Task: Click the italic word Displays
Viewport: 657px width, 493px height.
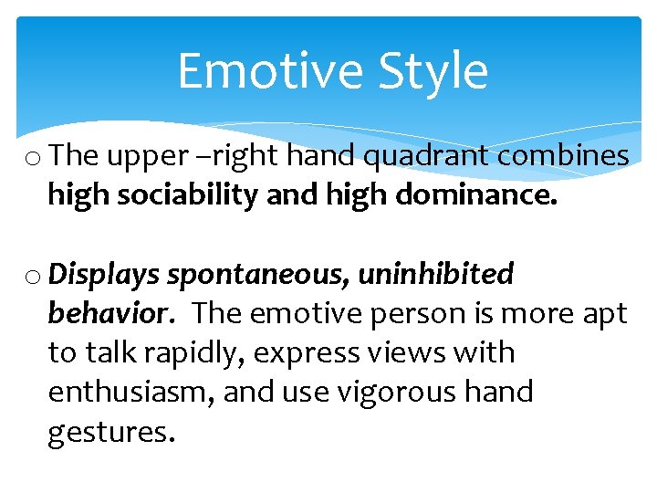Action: pyautogui.click(x=103, y=273)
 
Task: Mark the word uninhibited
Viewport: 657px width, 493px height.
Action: pyautogui.click(x=435, y=273)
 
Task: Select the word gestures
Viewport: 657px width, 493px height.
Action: pyautogui.click(x=110, y=431)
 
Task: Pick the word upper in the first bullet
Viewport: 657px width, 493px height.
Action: pyautogui.click(x=140, y=157)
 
